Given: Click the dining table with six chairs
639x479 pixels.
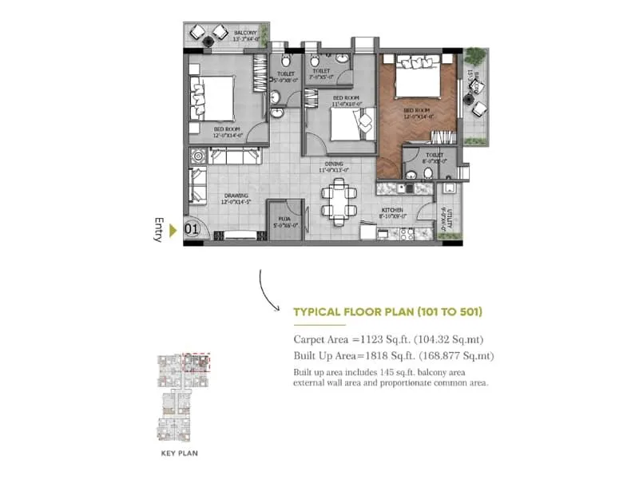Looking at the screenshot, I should point(339,200).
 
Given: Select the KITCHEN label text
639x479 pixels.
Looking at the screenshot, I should point(393,209).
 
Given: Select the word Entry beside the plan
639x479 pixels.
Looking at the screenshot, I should point(159,229).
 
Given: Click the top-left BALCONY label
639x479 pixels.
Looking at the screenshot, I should point(246,32).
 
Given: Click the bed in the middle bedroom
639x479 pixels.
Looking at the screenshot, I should point(350,124).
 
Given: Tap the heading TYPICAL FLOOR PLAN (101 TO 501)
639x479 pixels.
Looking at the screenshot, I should point(387,312).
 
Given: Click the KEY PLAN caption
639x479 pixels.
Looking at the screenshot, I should point(180,453).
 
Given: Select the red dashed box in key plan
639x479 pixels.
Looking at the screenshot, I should point(196,362).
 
